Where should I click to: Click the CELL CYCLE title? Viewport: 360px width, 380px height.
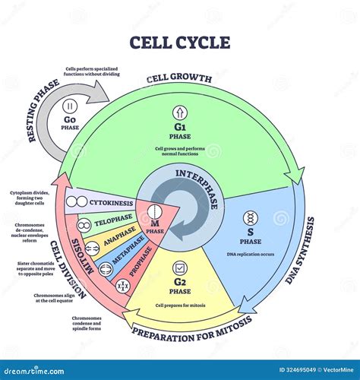[x=180, y=42]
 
